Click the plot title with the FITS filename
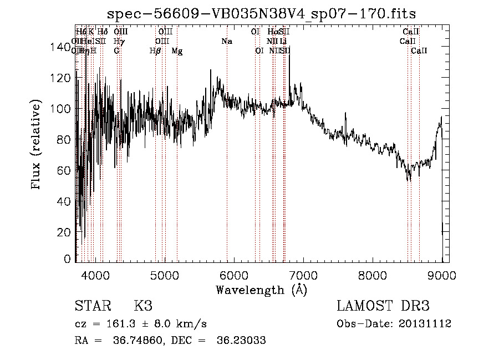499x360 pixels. (262, 13)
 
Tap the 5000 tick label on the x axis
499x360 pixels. (165, 275)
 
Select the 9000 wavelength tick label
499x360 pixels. (442, 275)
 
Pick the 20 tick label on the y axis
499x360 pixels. (65, 232)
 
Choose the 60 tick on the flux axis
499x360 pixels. (75, 170)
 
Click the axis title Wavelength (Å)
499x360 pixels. (261, 290)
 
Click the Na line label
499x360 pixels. (226, 41)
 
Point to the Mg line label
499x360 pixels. (177, 51)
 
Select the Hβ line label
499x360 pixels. (155, 51)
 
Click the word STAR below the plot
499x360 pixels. (91, 306)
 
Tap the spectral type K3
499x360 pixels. (143, 306)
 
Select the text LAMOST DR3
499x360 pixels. (383, 306)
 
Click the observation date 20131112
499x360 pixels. (427, 324)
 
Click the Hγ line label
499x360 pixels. (119, 41)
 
